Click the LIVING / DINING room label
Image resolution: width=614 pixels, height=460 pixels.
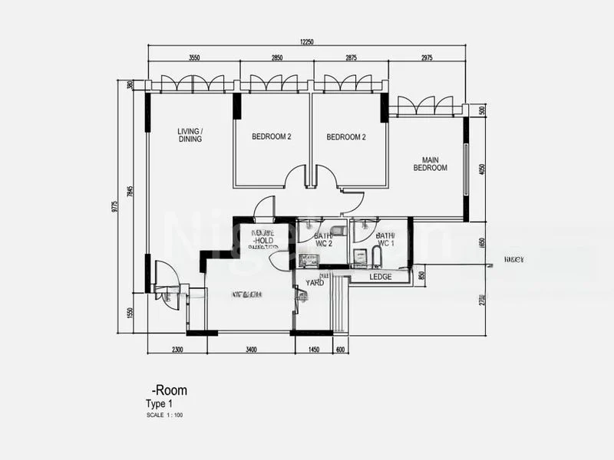pos(190,135)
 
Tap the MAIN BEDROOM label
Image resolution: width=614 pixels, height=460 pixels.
pos(430,163)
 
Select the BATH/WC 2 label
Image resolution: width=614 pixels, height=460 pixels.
pos(322,239)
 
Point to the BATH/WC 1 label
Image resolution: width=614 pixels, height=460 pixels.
pos(385,239)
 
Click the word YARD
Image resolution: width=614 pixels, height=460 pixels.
pos(315,282)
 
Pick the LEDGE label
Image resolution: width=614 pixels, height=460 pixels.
pos(381,277)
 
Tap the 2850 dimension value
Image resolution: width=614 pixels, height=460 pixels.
pos(276,58)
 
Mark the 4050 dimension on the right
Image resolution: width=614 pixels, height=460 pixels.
pos(482,169)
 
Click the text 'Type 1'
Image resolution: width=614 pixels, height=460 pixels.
pos(160,404)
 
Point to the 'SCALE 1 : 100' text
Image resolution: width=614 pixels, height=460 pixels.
pos(164,416)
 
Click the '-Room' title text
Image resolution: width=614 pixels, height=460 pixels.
pos(170,390)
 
